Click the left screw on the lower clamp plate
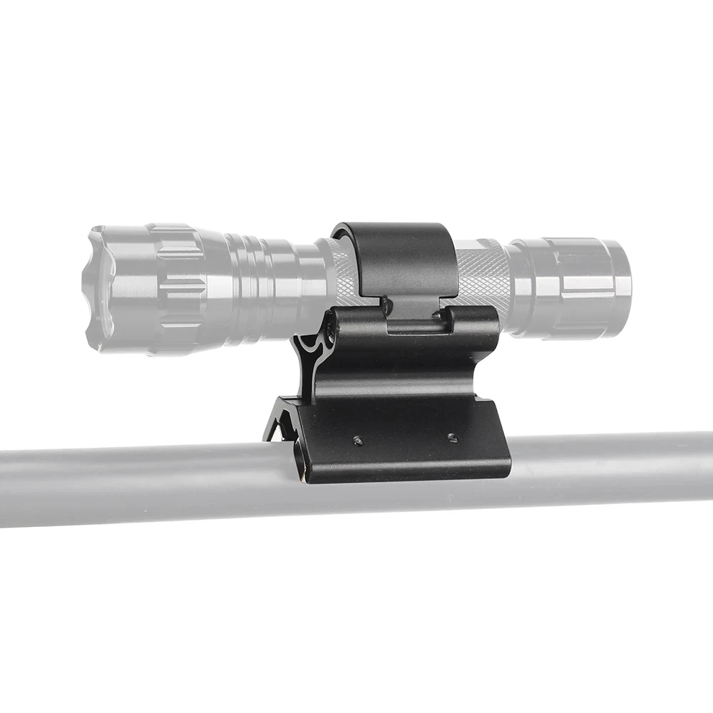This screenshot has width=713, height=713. pyautogui.click(x=357, y=441)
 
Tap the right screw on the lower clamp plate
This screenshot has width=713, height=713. pyautogui.click(x=452, y=438)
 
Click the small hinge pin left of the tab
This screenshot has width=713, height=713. pyautogui.click(x=386, y=306)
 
